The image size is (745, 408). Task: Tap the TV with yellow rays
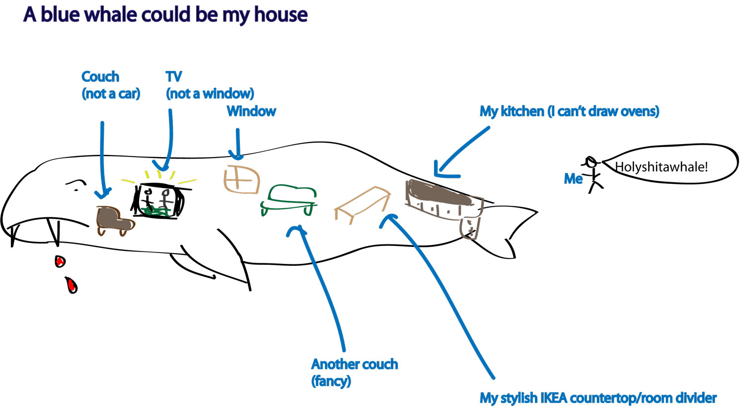coord(158,201)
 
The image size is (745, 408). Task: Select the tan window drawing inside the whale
coord(241,179)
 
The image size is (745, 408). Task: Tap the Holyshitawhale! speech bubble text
coord(661,167)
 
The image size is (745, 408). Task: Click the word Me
coord(573,179)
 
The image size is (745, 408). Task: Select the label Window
coord(251,111)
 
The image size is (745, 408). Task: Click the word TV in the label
coord(174,77)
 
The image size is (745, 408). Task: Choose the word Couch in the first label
coord(100,77)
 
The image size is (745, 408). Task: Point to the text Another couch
coord(354,364)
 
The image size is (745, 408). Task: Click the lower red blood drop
coord(72,285)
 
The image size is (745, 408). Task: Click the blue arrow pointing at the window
coord(237,144)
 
